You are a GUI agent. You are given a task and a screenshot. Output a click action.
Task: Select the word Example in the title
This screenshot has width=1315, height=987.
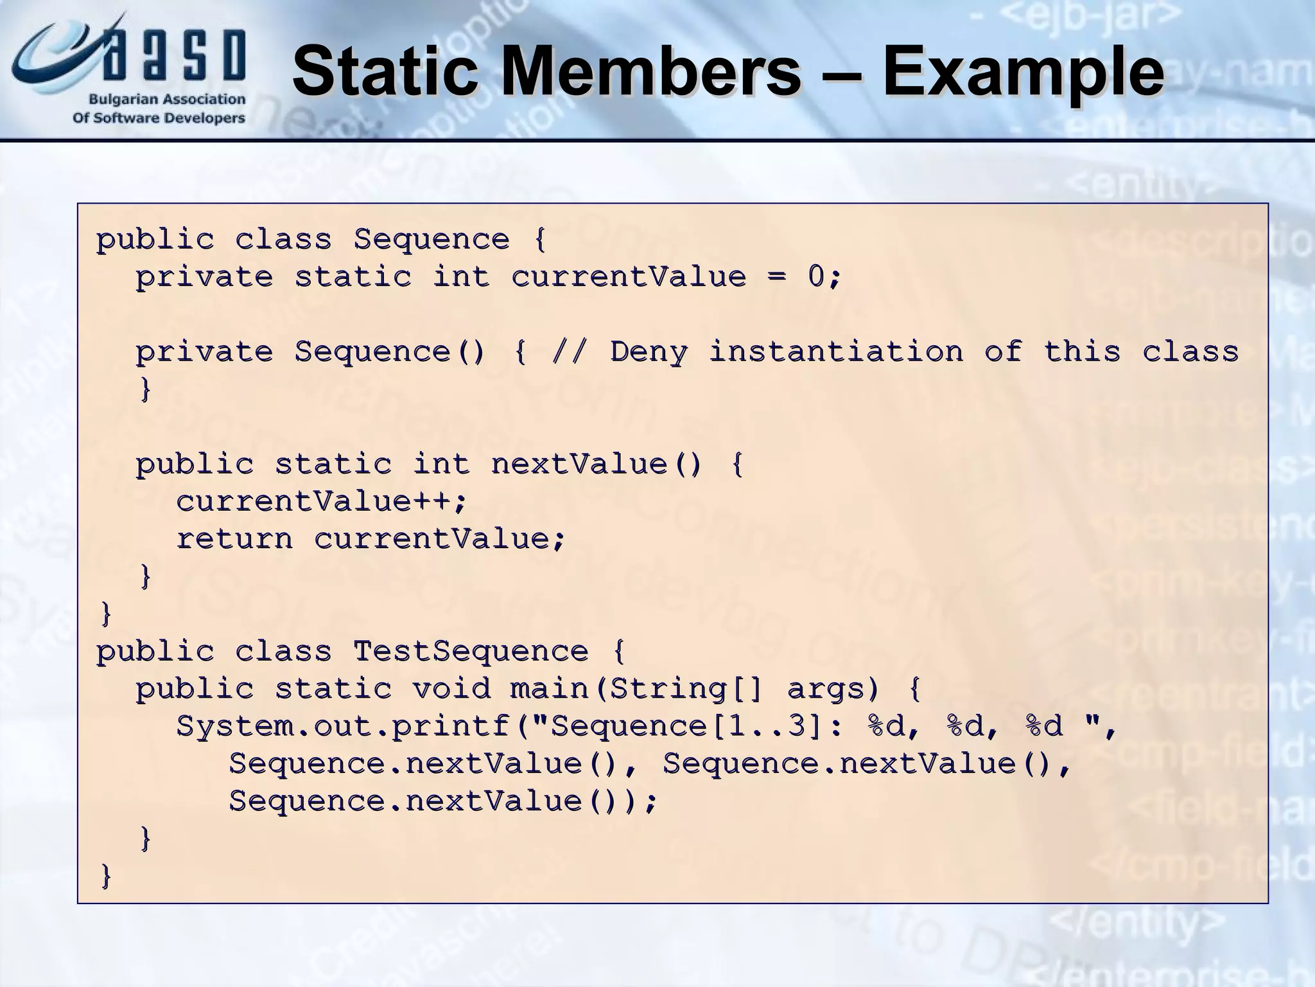pyautogui.click(x=1022, y=72)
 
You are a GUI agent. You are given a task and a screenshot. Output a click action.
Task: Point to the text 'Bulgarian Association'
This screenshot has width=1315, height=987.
pyautogui.click(x=167, y=100)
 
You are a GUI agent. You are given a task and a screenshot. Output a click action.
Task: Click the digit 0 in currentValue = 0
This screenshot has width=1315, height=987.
pyautogui.click(x=815, y=277)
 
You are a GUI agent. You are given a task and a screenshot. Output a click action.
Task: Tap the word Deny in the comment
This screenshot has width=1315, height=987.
pyautogui.click(x=649, y=352)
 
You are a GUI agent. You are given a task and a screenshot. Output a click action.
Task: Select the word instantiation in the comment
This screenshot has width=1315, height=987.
pyautogui.click(x=836, y=352)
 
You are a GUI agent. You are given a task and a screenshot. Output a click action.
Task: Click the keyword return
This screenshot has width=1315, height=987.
pyautogui.click(x=234, y=538)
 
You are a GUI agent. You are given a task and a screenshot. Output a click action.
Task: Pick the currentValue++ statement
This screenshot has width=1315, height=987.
pyautogui.click(x=321, y=501)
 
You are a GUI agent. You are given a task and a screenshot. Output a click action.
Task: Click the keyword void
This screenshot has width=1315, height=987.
pyautogui.click(x=451, y=689)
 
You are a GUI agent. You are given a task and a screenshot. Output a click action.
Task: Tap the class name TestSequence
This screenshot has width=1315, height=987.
pyautogui.click(x=471, y=652)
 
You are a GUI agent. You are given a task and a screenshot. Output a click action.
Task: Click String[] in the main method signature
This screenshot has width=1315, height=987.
pyautogui.click(x=686, y=689)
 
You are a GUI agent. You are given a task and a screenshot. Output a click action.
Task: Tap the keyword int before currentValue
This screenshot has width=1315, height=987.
pyautogui.click(x=461, y=277)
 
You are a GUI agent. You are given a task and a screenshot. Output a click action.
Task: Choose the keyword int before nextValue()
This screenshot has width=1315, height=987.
pyautogui.click(x=441, y=464)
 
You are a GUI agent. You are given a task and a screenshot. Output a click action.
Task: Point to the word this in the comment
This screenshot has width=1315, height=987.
pyautogui.click(x=1082, y=352)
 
